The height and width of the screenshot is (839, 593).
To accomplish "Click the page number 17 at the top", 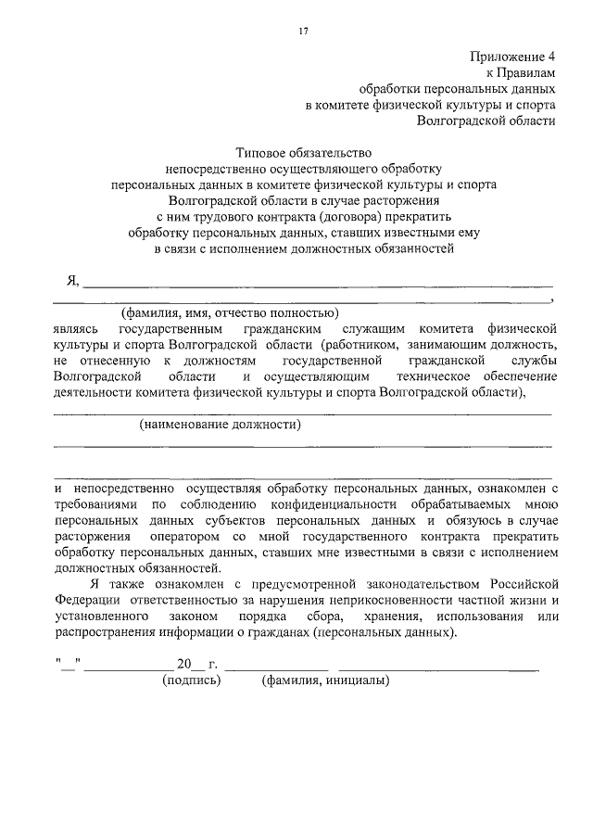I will point(302,32).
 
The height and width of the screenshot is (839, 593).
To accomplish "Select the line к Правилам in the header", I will point(521,72).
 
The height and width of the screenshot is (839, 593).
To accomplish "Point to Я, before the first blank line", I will point(73,282).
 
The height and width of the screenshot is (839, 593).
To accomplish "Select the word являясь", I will point(78,329).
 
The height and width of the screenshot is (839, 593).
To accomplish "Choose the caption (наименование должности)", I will point(221,426).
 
